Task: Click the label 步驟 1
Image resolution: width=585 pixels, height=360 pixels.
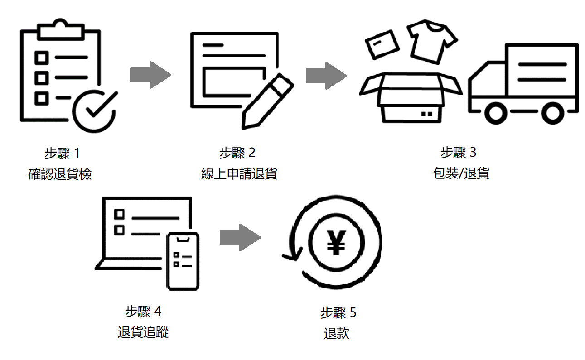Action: point(62,154)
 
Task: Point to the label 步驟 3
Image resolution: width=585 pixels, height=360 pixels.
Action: point(458,153)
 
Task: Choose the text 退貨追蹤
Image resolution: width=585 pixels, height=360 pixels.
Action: point(143,332)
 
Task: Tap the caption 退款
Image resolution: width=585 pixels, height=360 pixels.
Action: point(337,334)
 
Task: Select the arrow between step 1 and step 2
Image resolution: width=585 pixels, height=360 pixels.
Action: point(150,75)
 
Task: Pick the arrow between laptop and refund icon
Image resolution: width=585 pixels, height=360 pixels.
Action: point(240,237)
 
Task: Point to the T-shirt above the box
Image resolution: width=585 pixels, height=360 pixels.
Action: point(431,41)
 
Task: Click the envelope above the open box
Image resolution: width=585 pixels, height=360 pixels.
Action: point(382,44)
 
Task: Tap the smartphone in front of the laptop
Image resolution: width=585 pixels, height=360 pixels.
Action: point(183,261)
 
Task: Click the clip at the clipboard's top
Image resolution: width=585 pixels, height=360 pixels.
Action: point(60,29)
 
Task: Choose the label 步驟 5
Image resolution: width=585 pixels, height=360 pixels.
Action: point(338,312)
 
